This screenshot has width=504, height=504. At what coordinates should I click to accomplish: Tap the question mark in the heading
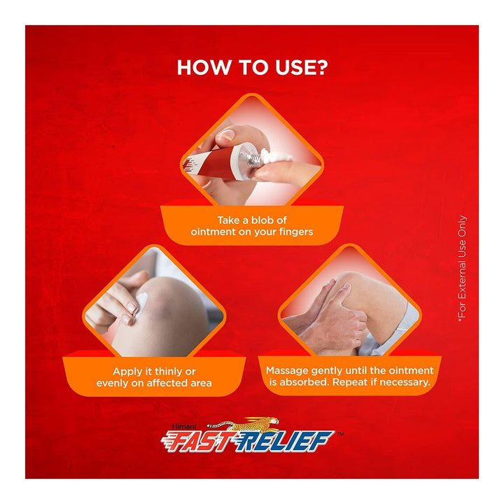[x=321, y=67]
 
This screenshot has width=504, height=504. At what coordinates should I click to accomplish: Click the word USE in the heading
[x=293, y=67]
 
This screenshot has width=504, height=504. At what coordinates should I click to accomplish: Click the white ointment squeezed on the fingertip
[x=277, y=157]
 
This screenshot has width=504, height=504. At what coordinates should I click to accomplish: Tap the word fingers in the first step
[x=296, y=232]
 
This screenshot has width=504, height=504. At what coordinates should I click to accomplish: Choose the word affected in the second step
[x=167, y=383]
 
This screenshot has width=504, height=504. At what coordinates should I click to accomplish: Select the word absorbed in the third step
[x=304, y=382]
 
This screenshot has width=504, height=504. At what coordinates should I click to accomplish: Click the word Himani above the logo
[x=184, y=426]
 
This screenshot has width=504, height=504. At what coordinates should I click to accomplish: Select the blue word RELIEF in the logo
[x=282, y=441]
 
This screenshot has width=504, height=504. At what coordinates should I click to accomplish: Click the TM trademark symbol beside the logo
[x=340, y=433]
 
